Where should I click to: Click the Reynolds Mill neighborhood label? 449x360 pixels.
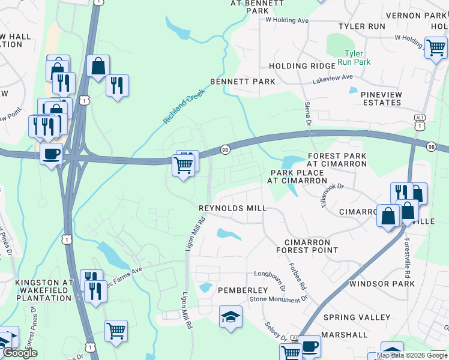click(x=232, y=208)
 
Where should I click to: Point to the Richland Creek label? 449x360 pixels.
click(x=184, y=107)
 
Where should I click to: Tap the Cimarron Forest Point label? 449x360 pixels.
click(x=307, y=245)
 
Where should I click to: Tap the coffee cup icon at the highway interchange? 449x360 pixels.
click(x=51, y=154)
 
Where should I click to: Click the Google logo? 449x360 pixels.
click(x=20, y=353)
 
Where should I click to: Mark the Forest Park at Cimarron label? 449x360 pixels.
click(x=336, y=160)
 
